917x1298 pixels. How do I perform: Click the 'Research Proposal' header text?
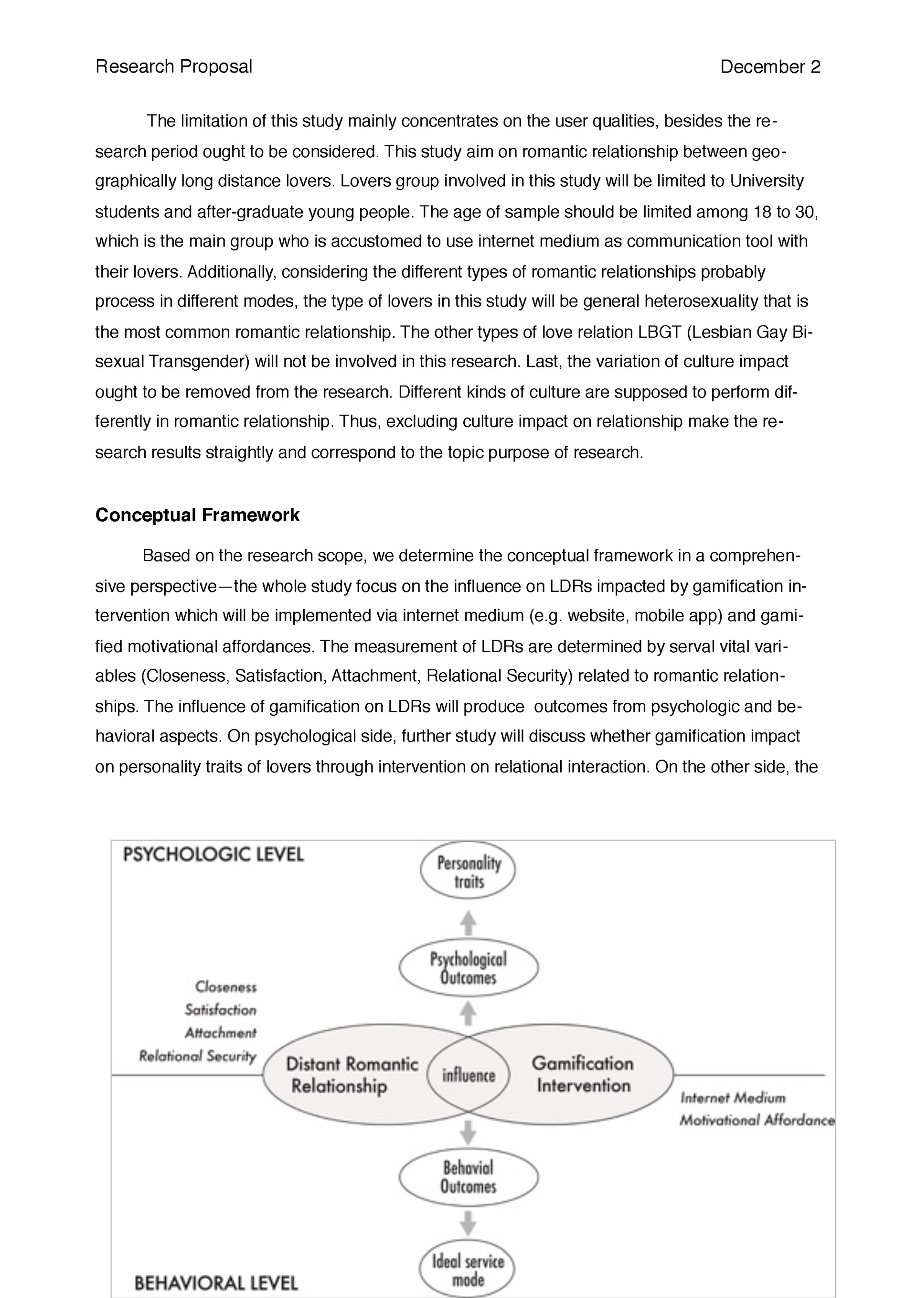pyautogui.click(x=173, y=67)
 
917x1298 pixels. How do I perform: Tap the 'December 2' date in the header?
pyautogui.click(x=769, y=67)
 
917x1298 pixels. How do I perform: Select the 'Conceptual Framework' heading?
pyautogui.click(x=197, y=515)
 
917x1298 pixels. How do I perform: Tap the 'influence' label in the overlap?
pyautogui.click(x=468, y=1075)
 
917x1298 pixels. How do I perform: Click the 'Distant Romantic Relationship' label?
pyautogui.click(x=351, y=1075)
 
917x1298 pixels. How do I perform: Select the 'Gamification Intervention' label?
pyautogui.click(x=583, y=1074)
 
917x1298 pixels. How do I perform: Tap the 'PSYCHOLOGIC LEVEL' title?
pyautogui.click(x=213, y=854)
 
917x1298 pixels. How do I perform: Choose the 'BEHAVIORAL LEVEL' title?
pyautogui.click(x=216, y=1283)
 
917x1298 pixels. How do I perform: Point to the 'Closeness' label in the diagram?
pyautogui.click(x=225, y=987)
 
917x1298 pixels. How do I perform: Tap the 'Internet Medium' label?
pyautogui.click(x=733, y=1098)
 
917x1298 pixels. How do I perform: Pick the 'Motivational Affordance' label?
pyautogui.click(x=757, y=1120)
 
